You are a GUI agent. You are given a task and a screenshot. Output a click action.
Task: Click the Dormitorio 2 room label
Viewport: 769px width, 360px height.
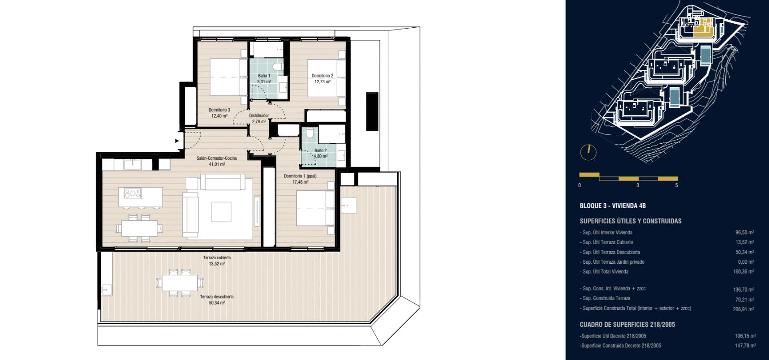click(x=322, y=76)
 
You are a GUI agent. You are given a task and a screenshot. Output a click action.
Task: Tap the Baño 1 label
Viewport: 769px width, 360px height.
click(x=264, y=76)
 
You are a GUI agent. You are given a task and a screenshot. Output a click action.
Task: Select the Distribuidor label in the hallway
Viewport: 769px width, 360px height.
click(x=259, y=116)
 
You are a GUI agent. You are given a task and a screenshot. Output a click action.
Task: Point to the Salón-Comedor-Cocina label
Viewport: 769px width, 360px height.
click(x=217, y=158)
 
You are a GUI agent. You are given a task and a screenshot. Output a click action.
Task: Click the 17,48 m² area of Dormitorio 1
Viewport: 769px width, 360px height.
click(x=300, y=182)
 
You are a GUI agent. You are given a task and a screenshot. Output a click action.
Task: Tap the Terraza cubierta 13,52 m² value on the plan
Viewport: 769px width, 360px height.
click(x=217, y=264)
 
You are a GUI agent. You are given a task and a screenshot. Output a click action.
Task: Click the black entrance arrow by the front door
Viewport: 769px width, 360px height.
click(x=177, y=141)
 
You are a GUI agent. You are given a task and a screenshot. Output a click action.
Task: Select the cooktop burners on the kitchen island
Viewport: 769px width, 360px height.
click(x=133, y=193)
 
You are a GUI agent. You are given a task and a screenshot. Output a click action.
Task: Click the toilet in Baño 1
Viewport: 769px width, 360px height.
click(x=278, y=67)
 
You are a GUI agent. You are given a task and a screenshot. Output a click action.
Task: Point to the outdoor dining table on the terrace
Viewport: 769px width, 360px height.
click(x=180, y=283)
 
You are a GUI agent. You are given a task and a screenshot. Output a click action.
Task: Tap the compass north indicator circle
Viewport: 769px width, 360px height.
click(x=589, y=152)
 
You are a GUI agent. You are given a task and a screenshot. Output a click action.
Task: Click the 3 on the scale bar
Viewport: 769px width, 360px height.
click(x=638, y=185)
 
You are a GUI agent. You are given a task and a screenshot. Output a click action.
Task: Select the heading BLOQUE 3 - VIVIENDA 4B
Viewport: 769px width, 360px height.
click(x=613, y=206)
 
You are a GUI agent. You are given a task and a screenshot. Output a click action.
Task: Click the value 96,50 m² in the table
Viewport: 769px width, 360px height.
click(x=744, y=232)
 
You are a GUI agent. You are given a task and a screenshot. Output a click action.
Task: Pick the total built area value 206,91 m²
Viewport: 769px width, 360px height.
click(x=743, y=309)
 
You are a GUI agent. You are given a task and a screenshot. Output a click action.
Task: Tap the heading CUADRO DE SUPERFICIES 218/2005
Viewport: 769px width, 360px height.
click(x=627, y=325)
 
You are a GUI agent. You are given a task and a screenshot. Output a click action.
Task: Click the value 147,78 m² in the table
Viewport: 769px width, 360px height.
click(x=745, y=345)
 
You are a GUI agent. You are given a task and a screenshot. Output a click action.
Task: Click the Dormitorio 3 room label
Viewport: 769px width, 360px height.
click(x=219, y=110)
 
